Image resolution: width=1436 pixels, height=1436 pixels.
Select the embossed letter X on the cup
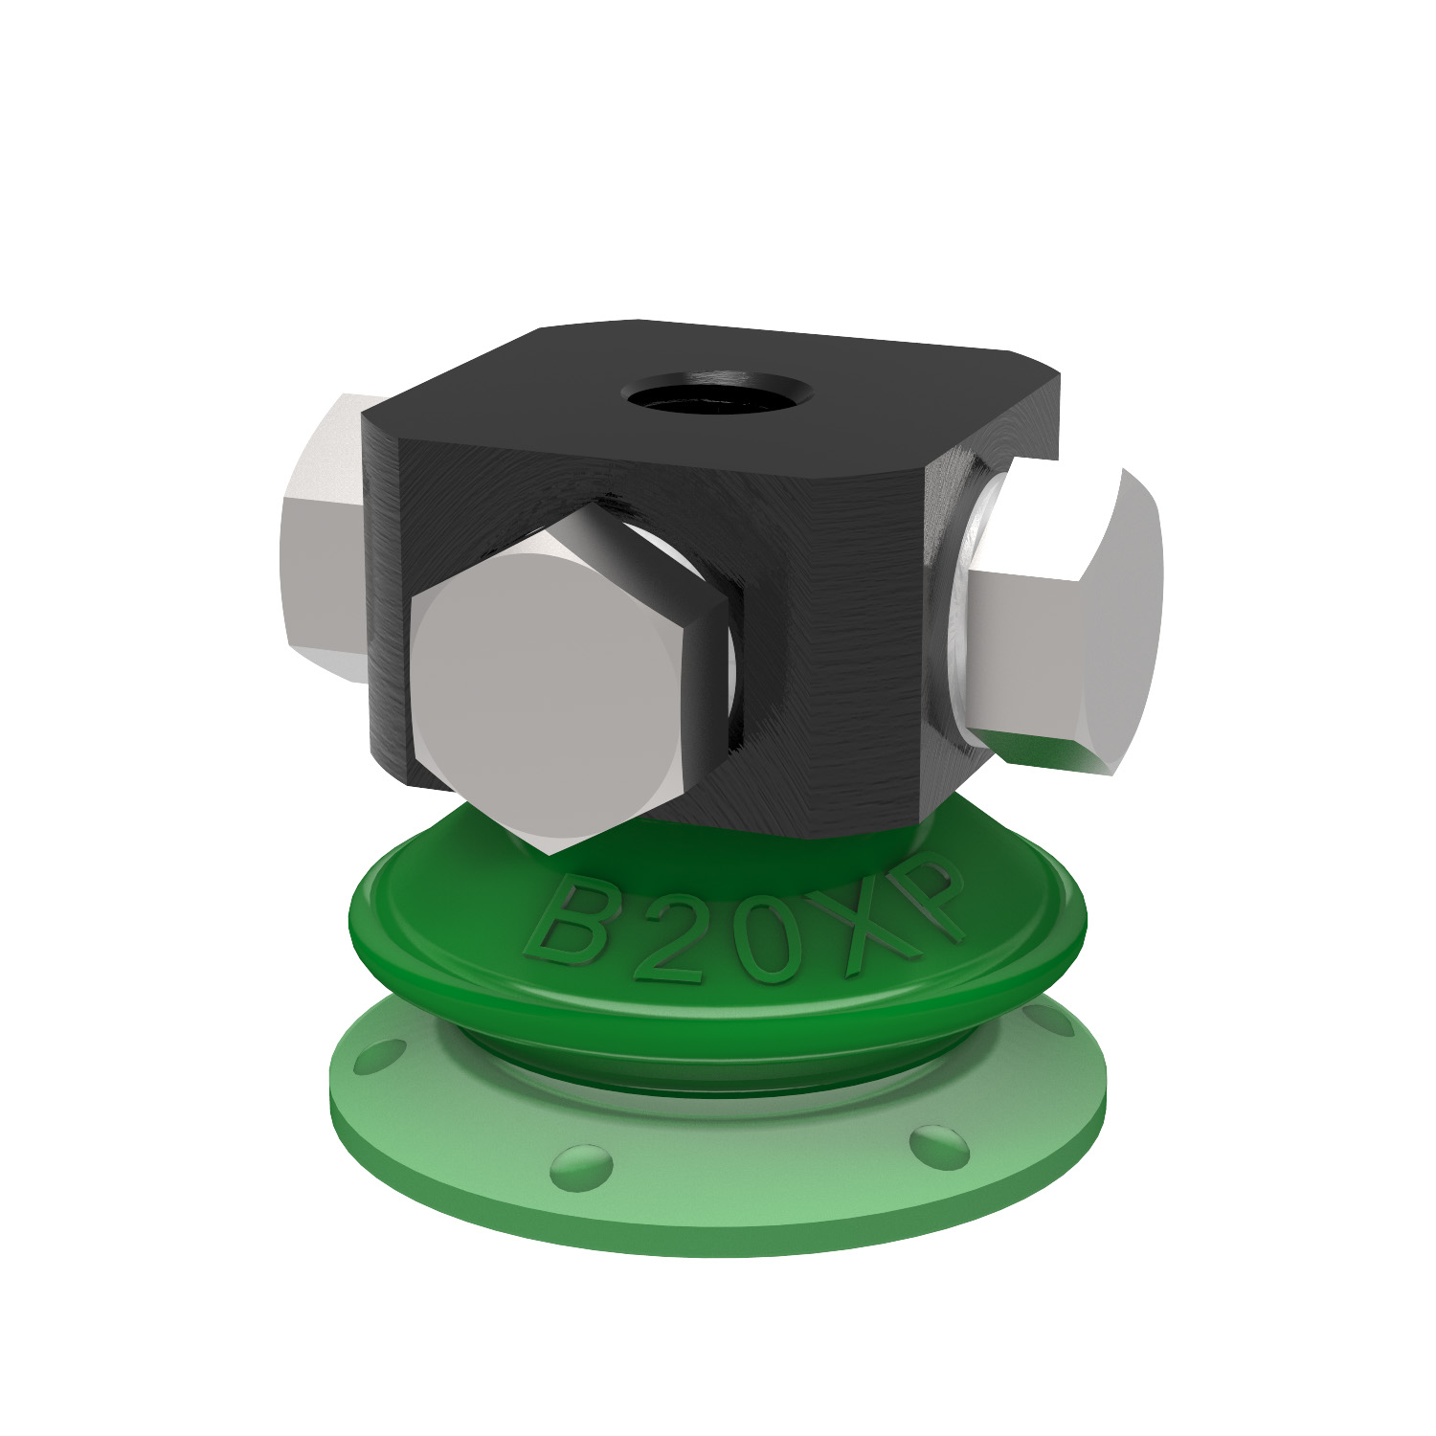point(866,919)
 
